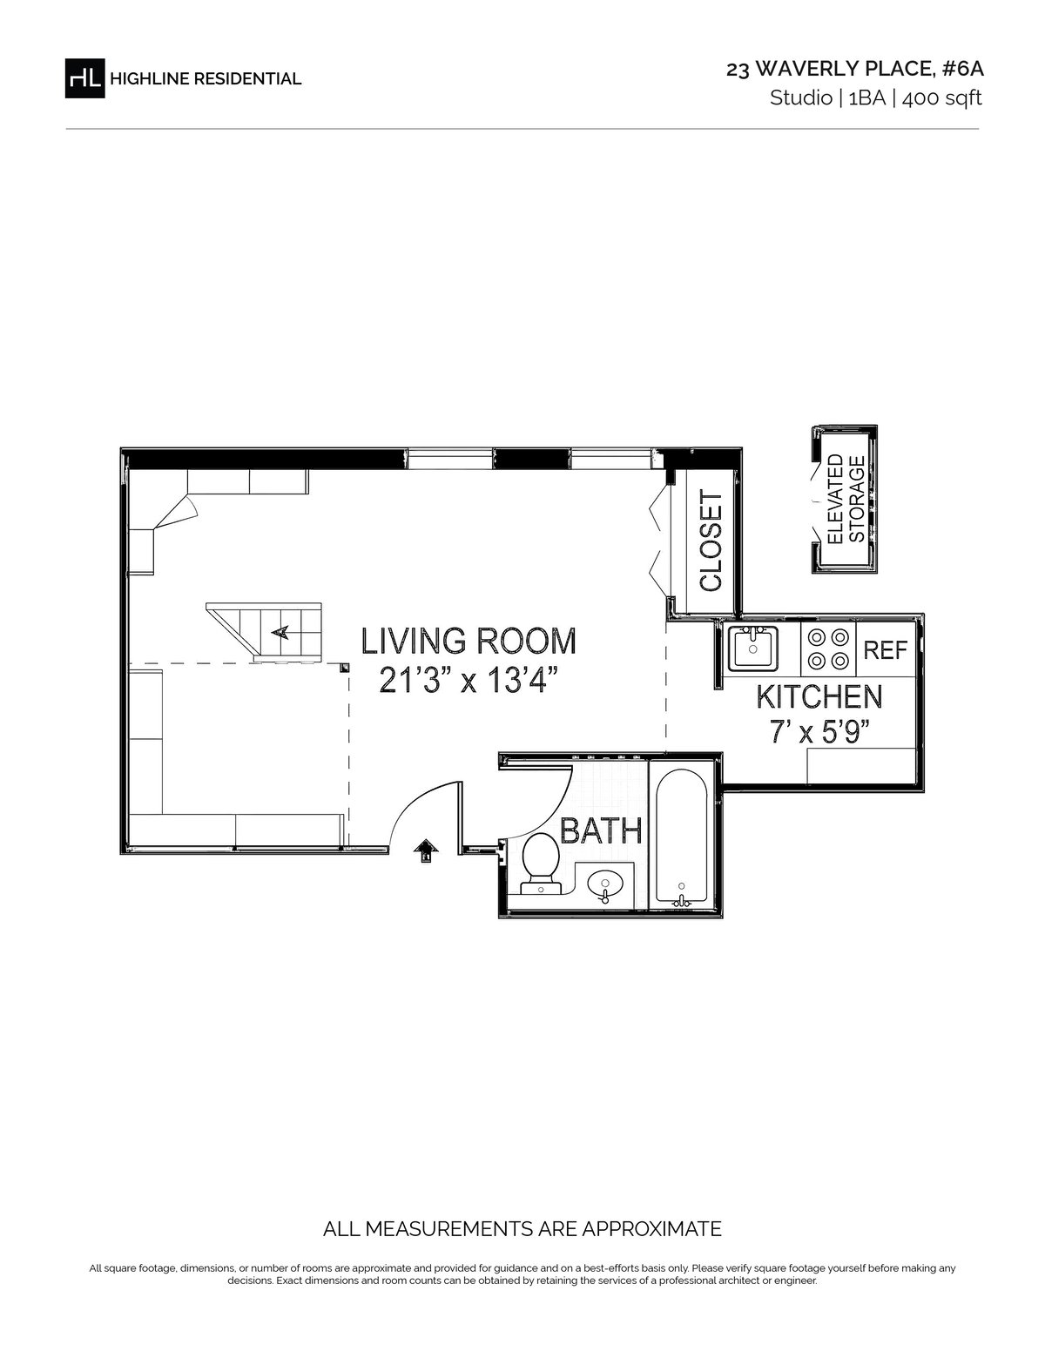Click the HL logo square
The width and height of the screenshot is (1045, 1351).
tap(85, 77)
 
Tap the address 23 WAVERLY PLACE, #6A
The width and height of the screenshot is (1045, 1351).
tap(855, 69)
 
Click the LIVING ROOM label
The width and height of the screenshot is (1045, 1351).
tap(469, 641)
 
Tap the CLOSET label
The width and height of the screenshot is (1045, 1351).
tap(711, 541)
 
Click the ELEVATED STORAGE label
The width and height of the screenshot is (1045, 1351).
tap(846, 500)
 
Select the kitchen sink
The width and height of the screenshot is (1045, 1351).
tap(752, 649)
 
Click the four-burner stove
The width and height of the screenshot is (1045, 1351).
tap(828, 649)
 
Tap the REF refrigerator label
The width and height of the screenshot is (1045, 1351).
tap(886, 650)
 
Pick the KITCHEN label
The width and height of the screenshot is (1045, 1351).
tap(819, 697)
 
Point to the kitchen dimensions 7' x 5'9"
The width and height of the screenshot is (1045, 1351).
tap(819, 732)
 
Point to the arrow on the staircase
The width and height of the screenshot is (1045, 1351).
tap(280, 632)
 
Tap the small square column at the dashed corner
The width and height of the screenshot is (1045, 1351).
tap(344, 669)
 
